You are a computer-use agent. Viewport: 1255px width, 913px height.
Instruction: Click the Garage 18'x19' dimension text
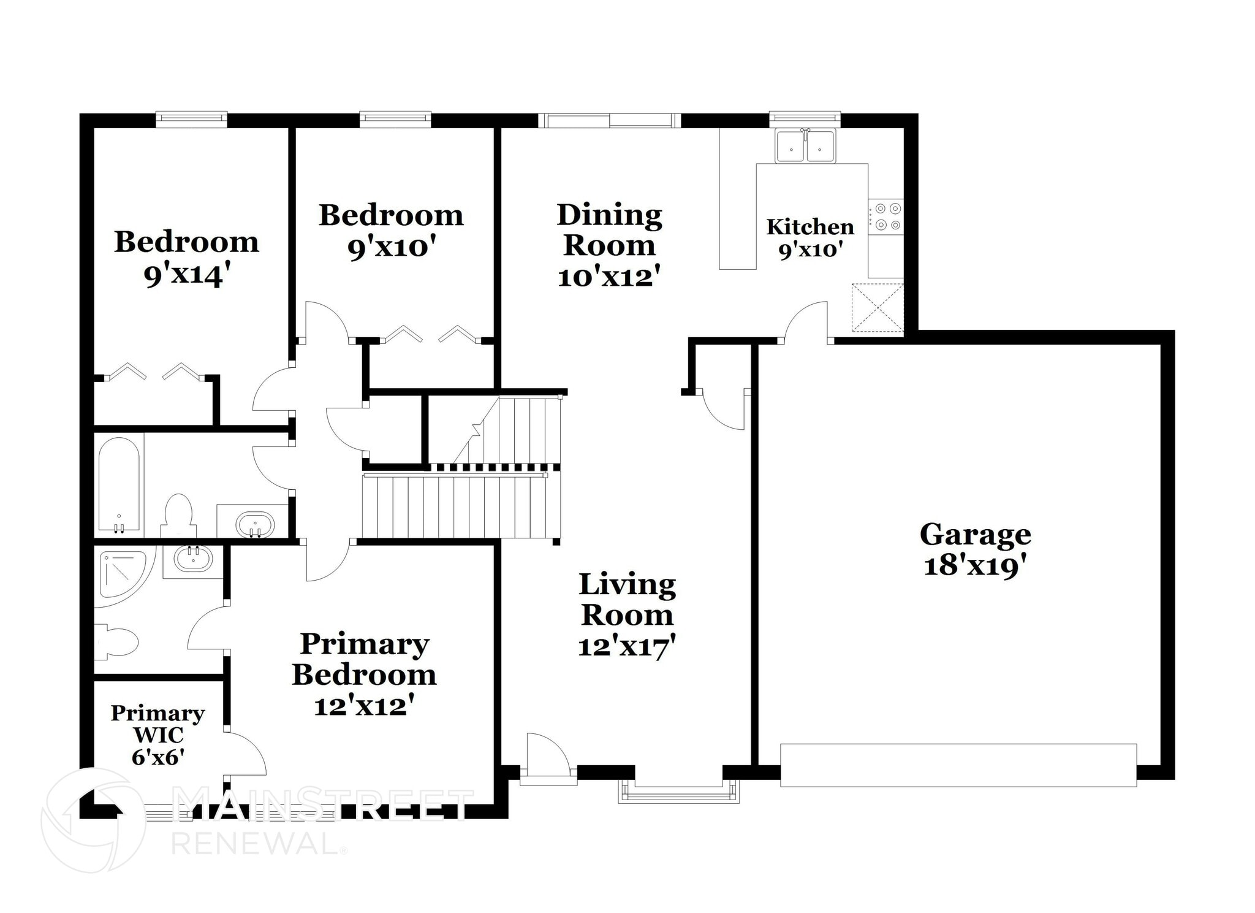click(x=974, y=566)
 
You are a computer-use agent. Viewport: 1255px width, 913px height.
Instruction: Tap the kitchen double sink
click(x=805, y=146)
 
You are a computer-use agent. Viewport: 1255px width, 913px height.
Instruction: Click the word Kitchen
click(x=809, y=227)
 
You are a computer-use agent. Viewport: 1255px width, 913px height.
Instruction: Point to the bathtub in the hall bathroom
click(x=119, y=484)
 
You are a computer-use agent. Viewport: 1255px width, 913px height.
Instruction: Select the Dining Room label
click(x=609, y=230)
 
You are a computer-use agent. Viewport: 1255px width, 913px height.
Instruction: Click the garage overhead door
click(x=958, y=765)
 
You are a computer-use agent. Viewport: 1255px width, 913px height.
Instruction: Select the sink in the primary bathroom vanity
click(x=193, y=559)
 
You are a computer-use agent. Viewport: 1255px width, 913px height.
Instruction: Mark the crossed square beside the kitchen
click(x=878, y=307)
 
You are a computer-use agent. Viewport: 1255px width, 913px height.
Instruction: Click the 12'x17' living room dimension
click(x=626, y=646)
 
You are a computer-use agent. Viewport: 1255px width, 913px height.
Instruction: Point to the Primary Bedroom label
click(x=364, y=659)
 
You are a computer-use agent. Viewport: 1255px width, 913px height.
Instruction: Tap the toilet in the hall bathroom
click(x=178, y=514)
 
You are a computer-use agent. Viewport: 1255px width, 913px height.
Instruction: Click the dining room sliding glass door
click(x=609, y=120)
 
